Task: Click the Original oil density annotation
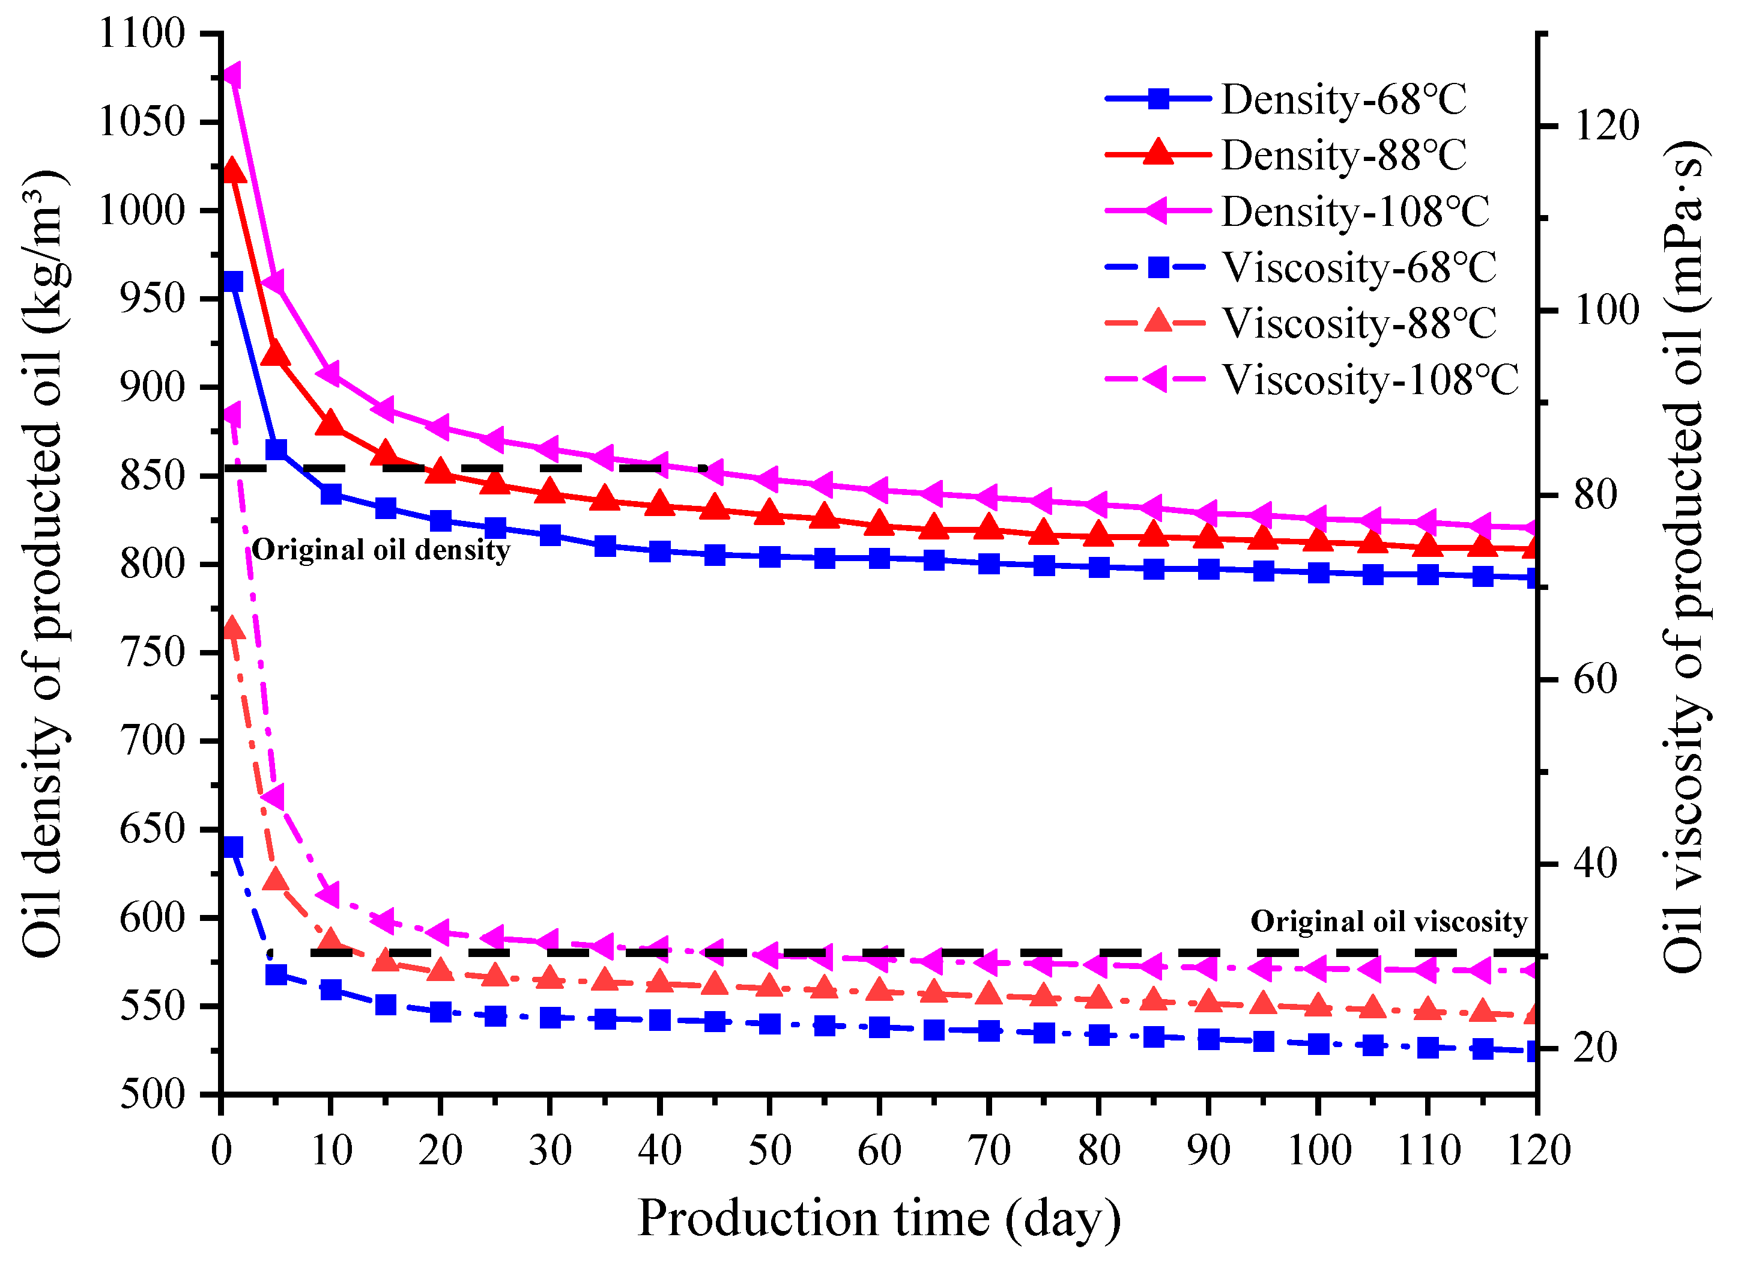point(381,550)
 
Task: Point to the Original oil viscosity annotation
point(1388,922)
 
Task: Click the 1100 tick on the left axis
point(142,34)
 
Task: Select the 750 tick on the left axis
point(153,652)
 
